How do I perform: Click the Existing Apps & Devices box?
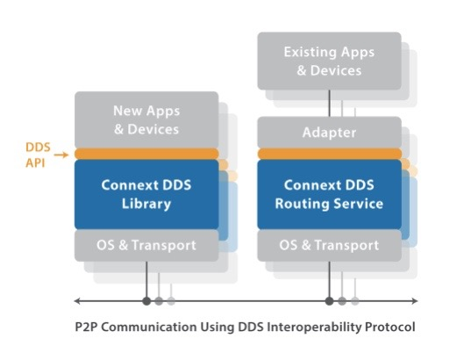(329, 61)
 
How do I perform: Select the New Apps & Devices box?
(146, 120)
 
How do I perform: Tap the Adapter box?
(329, 133)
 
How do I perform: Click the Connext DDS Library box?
(146, 194)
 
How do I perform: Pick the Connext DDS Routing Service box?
(329, 194)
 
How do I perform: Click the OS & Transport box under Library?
(146, 244)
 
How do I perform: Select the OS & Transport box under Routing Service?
(329, 244)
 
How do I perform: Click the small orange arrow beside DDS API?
(61, 155)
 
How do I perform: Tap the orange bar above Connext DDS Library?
(146, 154)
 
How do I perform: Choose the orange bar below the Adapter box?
(329, 154)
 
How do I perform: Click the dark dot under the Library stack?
(146, 301)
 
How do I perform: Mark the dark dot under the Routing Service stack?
(330, 301)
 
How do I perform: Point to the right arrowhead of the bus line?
(406, 301)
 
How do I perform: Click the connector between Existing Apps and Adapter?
(329, 102)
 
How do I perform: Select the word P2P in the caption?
(89, 328)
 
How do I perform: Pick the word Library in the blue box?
(146, 204)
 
